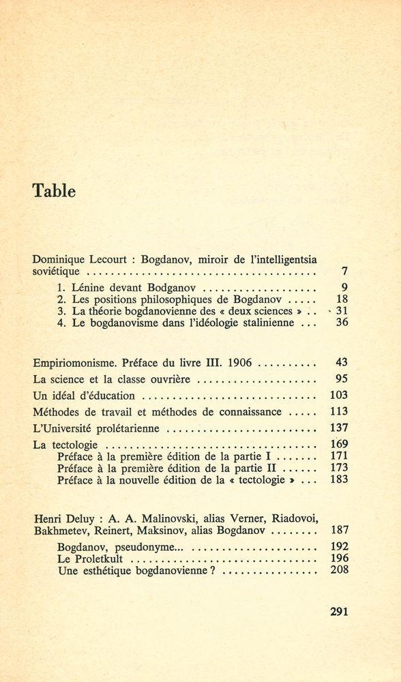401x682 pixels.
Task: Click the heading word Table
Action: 54,192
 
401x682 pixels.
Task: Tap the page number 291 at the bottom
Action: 338,612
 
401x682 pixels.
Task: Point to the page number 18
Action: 342,298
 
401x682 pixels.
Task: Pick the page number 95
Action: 342,378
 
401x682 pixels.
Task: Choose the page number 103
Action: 340,395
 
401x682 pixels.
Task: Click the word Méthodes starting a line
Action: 58,411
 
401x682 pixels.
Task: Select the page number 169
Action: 340,445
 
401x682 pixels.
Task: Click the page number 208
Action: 340,569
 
